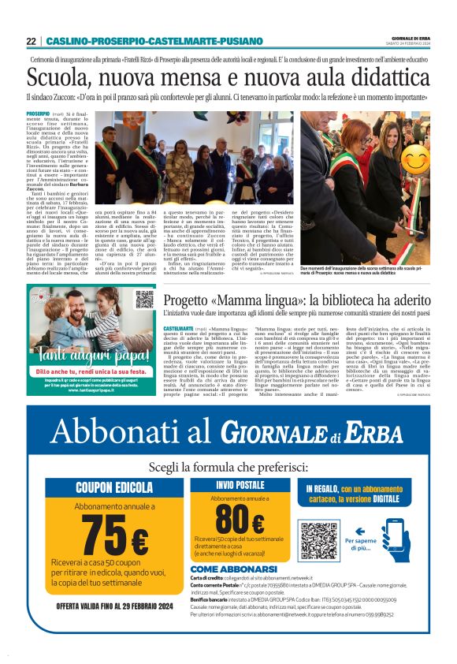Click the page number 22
[31, 41]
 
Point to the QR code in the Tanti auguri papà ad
[144, 300]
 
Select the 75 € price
[114, 535]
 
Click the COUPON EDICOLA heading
[114, 465]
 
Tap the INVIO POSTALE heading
[240, 463]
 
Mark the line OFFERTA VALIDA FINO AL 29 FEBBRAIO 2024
[115, 606]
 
